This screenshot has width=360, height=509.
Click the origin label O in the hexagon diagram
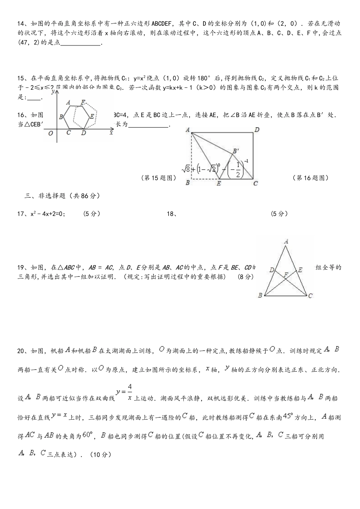coord(50,133)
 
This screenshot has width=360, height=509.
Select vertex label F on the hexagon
coord(83,102)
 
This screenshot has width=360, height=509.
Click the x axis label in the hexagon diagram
coord(111,133)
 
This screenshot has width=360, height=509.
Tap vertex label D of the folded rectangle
coord(257,130)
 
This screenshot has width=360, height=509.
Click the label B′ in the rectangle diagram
coord(235,151)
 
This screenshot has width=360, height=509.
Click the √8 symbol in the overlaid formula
coord(186,169)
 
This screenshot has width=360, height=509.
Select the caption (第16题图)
coord(311,178)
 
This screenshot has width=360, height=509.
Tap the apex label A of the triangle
coord(286,241)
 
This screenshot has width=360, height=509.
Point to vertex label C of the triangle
coord(310,295)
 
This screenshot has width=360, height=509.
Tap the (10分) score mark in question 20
coord(100,455)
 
